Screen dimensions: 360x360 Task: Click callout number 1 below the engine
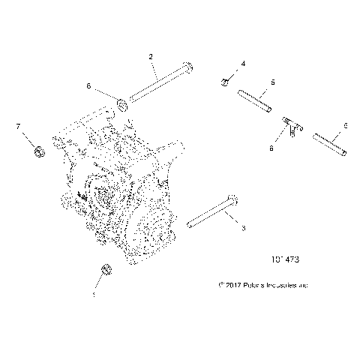pyautogui.click(x=93, y=295)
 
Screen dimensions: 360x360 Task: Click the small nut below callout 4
pyautogui.click(x=225, y=81)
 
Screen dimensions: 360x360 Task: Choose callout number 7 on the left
pyautogui.click(x=19, y=127)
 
